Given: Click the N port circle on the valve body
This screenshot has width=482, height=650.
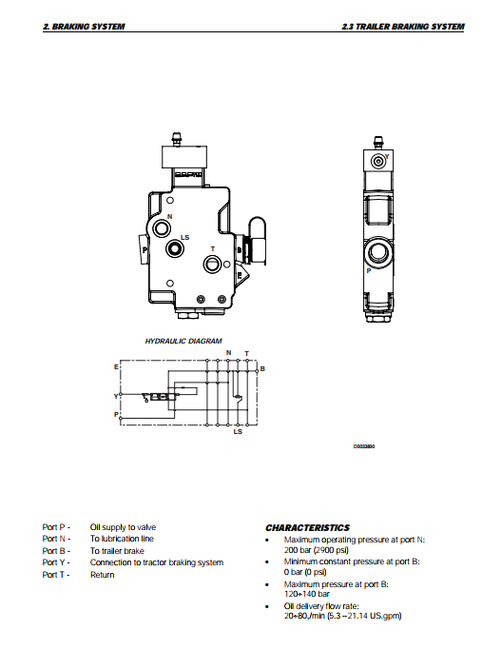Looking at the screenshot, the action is pos(162,227).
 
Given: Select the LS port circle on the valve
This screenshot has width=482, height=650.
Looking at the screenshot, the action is pos(174,248).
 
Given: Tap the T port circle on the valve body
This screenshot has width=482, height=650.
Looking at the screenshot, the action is pos(212,264).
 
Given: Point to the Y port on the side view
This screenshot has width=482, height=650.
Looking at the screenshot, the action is pos(377,161).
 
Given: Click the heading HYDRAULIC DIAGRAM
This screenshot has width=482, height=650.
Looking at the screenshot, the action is pos(183,341).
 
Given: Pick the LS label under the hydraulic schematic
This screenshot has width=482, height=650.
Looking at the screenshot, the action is pos(238,431).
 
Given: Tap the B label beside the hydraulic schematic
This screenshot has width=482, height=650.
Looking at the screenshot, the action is pos(262,368).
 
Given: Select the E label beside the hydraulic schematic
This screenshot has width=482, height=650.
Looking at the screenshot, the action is pos(116,366).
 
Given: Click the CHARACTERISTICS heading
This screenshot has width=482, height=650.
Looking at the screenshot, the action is pos(308,528).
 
